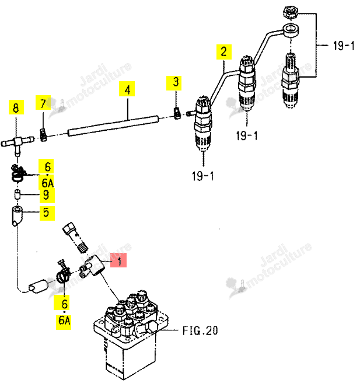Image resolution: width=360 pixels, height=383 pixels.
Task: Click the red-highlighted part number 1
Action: point(118,260)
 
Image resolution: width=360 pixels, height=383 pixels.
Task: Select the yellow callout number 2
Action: point(224,52)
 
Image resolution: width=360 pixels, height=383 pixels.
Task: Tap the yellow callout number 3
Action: point(174,83)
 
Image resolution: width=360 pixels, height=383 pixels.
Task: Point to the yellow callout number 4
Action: point(127,89)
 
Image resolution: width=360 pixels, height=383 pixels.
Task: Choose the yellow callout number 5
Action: point(47,213)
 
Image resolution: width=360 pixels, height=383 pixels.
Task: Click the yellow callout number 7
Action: point(43,102)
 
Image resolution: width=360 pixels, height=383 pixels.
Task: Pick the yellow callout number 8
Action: point(16,107)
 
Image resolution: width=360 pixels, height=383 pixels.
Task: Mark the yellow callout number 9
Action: point(47,196)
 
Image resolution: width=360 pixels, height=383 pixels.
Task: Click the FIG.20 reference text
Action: point(200,330)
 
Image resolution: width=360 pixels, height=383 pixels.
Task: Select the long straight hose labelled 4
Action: point(113,126)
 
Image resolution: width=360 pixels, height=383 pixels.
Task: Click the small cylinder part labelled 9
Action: point(17,194)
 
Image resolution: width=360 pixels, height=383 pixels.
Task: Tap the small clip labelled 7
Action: point(43,135)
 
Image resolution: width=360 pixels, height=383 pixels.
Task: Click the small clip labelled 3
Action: point(177,113)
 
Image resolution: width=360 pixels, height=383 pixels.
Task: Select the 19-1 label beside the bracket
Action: point(344,46)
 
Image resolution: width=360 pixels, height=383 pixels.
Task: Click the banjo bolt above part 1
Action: point(75,237)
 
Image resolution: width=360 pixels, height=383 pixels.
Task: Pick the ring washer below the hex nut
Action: point(291,30)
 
